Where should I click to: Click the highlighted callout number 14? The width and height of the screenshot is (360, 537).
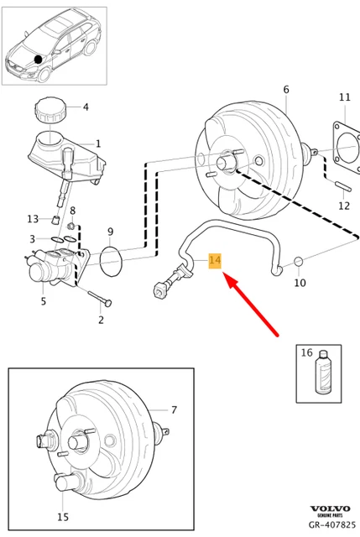[x=215, y=261]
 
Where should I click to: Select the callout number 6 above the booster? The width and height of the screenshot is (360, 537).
[x=285, y=90]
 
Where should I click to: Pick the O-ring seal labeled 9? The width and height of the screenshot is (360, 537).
[x=110, y=261]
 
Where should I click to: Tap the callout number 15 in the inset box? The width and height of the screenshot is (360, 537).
[x=63, y=518]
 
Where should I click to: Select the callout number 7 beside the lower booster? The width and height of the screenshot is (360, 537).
[x=174, y=410]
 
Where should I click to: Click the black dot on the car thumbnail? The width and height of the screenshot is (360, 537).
[x=37, y=60]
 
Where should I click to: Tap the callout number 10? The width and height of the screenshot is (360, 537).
[x=300, y=284]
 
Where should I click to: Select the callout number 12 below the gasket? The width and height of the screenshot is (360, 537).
[x=343, y=206]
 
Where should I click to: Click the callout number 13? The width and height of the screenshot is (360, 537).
[x=33, y=219]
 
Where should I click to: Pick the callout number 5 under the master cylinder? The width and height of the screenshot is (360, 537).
[x=43, y=301]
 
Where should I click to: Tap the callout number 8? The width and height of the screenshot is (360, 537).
[x=73, y=211]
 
